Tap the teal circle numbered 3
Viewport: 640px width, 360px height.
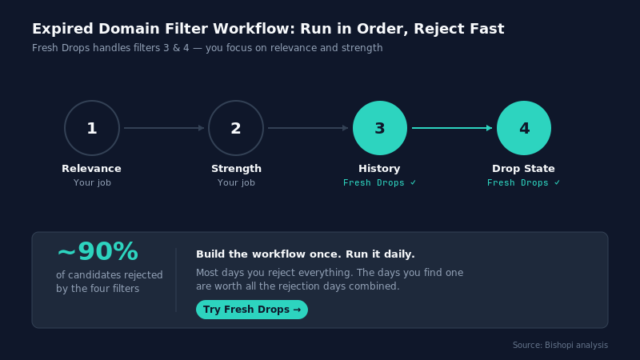pyautogui.click(x=380, y=128)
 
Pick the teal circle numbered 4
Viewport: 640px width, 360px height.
pyautogui.click(x=524, y=128)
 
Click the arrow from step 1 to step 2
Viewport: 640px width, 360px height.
pyautogui.click(x=164, y=128)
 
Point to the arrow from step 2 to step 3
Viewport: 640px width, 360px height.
pyautogui.click(x=308, y=128)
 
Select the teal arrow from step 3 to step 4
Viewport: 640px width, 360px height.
pyautogui.click(x=452, y=128)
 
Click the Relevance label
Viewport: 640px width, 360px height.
pyautogui.click(x=91, y=169)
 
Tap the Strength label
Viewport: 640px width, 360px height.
pyautogui.click(x=236, y=169)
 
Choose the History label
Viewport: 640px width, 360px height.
pyautogui.click(x=379, y=169)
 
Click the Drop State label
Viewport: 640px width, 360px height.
pyautogui.click(x=523, y=169)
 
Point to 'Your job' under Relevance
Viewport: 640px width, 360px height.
pyautogui.click(x=92, y=182)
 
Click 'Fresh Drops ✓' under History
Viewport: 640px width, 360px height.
pyautogui.click(x=379, y=183)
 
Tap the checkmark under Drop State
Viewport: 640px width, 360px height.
pyautogui.click(x=557, y=183)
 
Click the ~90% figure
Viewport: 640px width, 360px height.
pyautogui.click(x=98, y=251)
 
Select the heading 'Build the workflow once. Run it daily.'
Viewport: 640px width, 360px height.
pyautogui.click(x=306, y=254)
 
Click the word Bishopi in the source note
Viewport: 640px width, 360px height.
pyautogui.click(x=559, y=346)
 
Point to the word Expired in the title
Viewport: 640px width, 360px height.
pyautogui.click(x=63, y=29)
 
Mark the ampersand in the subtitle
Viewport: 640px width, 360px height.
pyautogui.click(x=176, y=48)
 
